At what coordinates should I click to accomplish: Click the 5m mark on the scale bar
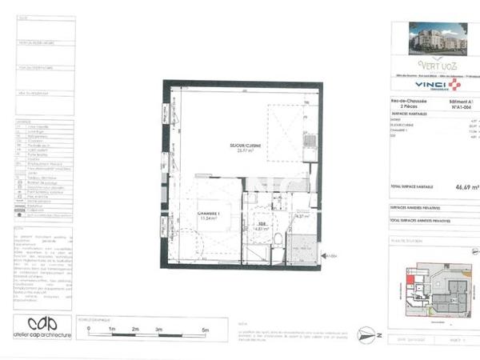coord(205,329)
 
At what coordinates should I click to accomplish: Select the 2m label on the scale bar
coord(136,329)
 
